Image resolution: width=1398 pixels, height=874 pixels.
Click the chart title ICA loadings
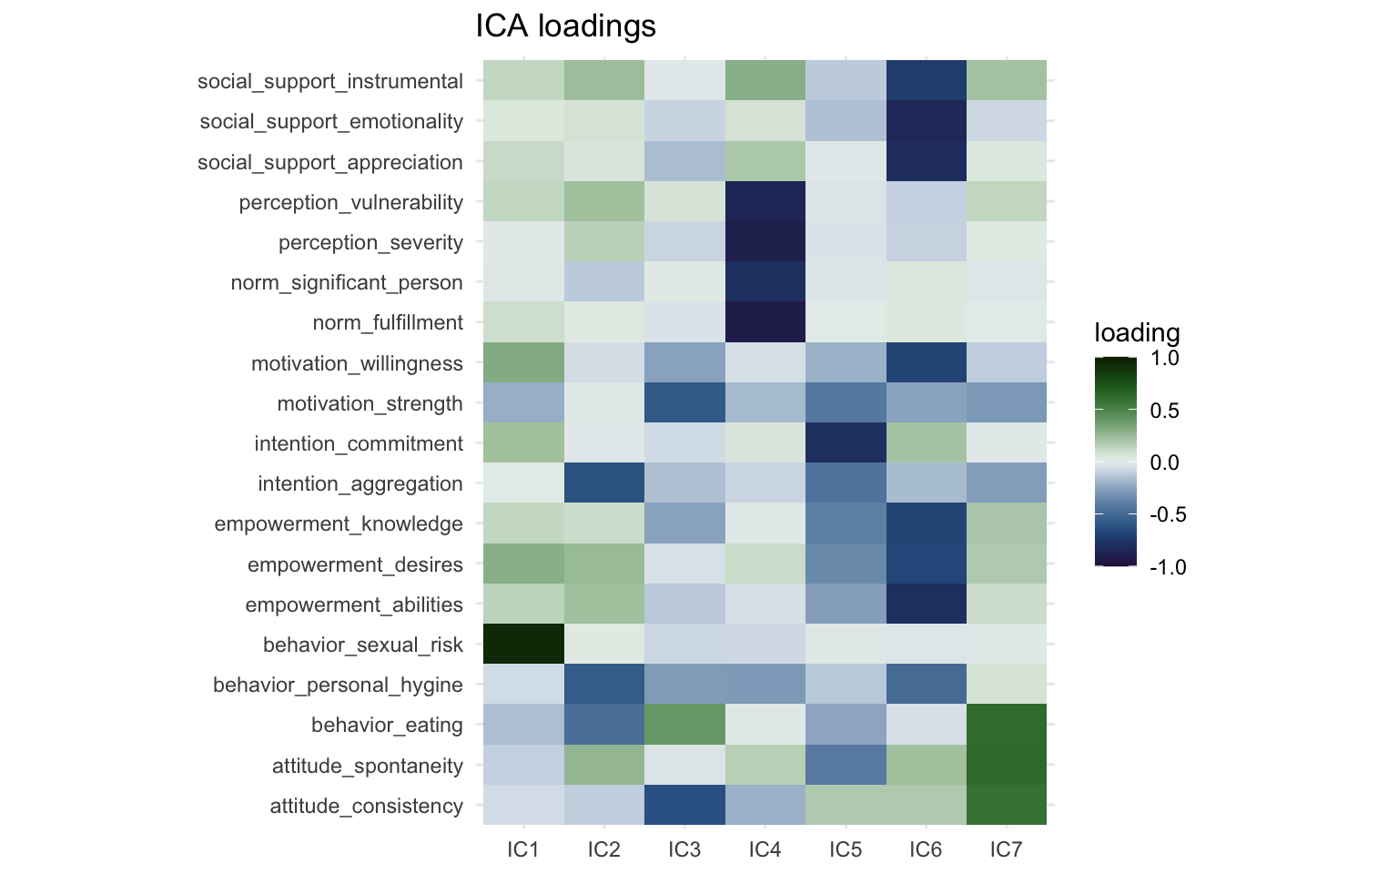(x=565, y=26)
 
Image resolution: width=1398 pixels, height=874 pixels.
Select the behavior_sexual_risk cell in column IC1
(x=523, y=645)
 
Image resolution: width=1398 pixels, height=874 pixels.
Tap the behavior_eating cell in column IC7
(x=1006, y=726)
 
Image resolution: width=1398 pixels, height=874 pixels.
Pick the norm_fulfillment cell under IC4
(x=765, y=323)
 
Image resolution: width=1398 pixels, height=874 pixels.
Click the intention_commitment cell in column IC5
(x=846, y=443)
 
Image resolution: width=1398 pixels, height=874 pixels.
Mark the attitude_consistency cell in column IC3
(x=684, y=806)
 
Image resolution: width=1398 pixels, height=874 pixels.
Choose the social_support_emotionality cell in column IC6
(x=926, y=122)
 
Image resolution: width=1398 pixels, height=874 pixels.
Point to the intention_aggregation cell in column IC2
(x=603, y=483)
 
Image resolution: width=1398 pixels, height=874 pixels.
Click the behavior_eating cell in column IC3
(x=684, y=726)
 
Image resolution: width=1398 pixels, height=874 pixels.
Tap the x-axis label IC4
(x=765, y=850)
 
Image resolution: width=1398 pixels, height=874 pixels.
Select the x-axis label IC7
(x=1006, y=850)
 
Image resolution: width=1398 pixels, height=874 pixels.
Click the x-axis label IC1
(x=523, y=850)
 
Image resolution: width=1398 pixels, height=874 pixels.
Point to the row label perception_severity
(x=370, y=243)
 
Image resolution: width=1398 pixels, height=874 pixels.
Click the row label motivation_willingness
(x=357, y=364)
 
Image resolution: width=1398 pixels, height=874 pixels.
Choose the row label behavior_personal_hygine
(x=338, y=686)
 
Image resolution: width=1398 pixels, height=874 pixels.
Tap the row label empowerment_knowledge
(x=339, y=524)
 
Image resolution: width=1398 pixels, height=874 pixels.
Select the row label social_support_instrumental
(x=330, y=82)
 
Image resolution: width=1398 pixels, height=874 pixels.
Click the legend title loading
(x=1137, y=333)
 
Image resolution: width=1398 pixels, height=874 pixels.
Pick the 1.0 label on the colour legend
(x=1164, y=359)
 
